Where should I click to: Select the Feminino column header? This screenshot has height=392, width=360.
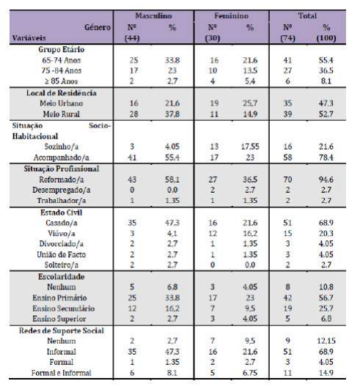click(x=233, y=15)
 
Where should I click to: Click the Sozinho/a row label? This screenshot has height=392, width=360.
click(x=60, y=147)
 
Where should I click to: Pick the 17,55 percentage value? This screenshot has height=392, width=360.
click(x=251, y=147)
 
